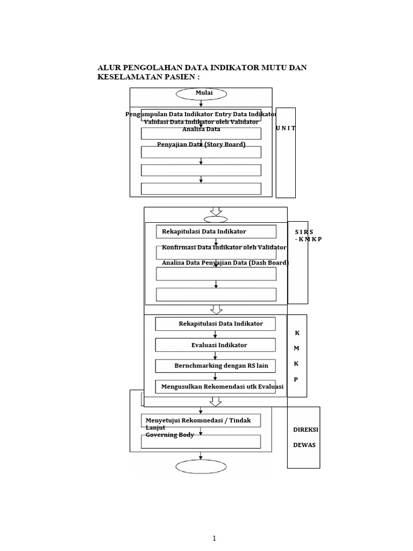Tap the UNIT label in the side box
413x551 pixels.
[x=286, y=129]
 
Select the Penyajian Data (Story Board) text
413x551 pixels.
[x=201, y=144]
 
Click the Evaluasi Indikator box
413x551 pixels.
[x=216, y=345]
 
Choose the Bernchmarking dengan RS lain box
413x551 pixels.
[x=216, y=366]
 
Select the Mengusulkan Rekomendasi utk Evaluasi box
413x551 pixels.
[x=216, y=387]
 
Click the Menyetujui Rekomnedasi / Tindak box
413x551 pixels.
[x=201, y=420]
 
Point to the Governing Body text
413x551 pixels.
[x=169, y=435]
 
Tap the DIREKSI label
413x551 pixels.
[x=305, y=430]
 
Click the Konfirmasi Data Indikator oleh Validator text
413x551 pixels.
[x=224, y=248]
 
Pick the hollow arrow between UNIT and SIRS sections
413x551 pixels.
[x=216, y=210]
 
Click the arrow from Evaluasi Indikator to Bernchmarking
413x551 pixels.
[x=216, y=356]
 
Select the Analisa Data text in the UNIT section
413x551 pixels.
[x=201, y=129]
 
